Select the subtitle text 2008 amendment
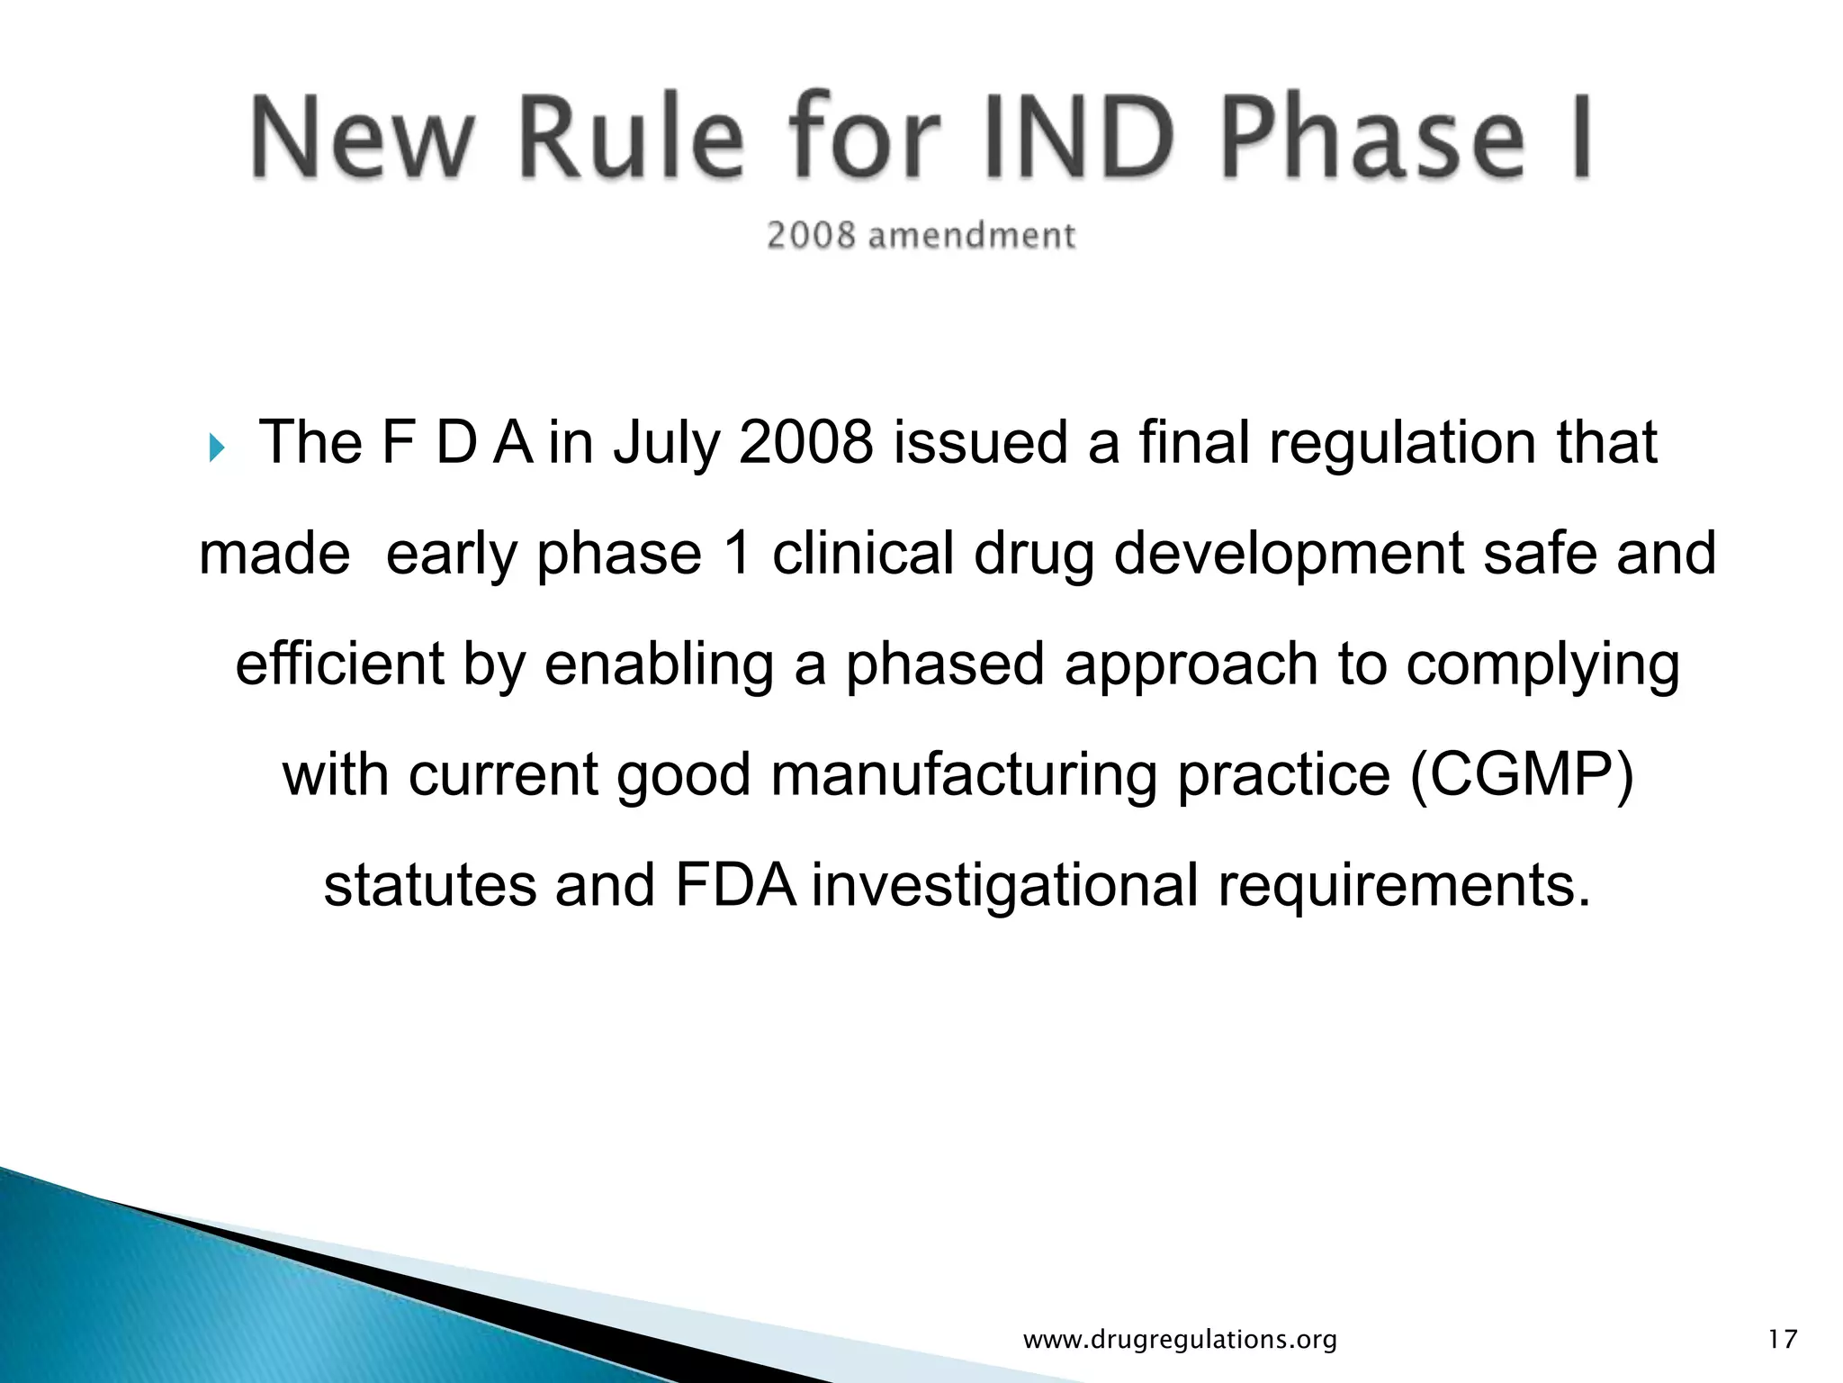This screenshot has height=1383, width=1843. tap(921, 236)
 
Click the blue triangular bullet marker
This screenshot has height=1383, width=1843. tap(216, 447)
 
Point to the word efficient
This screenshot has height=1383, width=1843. tap(340, 664)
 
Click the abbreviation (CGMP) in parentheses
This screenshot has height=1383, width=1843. tap(1521, 774)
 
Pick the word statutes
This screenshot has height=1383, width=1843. tap(429, 885)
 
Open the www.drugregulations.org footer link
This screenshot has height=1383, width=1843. tap(1180, 1340)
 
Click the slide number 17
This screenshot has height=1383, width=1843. tap(1783, 1339)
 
